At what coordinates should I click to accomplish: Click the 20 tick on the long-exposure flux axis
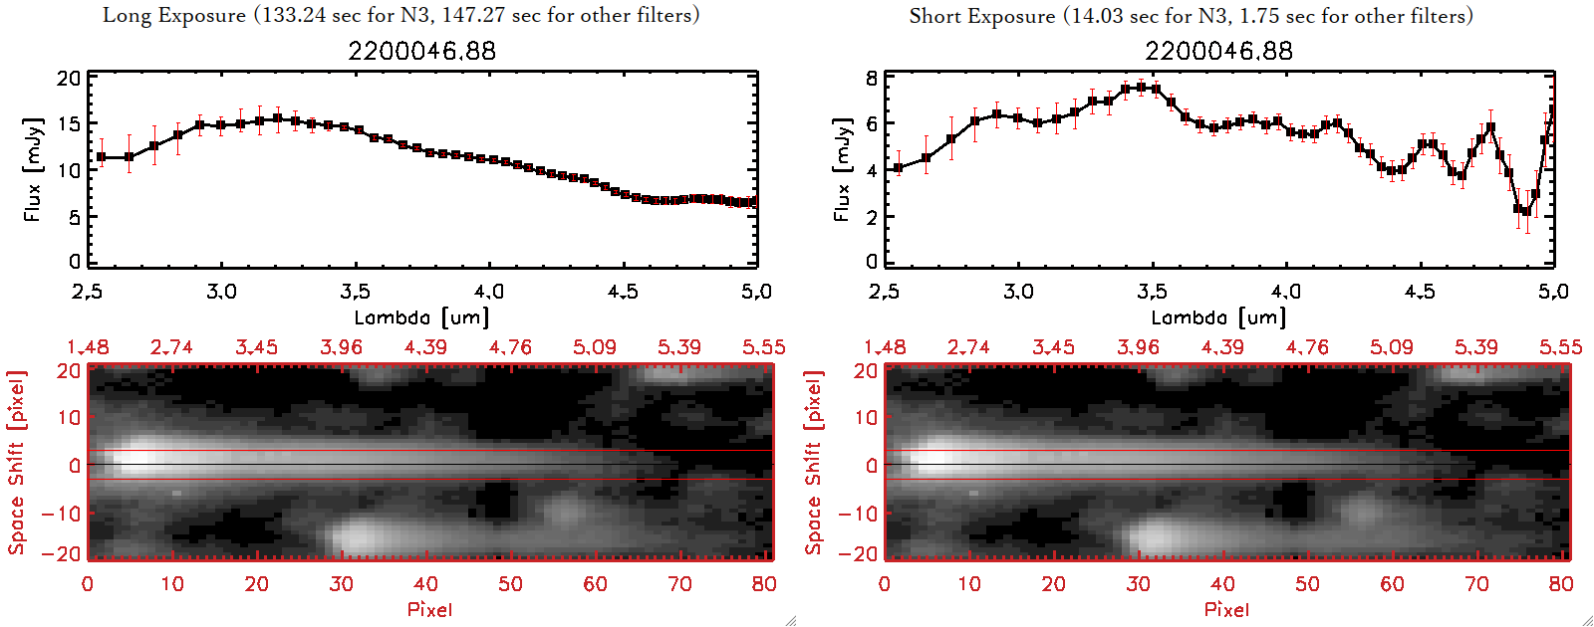point(69,79)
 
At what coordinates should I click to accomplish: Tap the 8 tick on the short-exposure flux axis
point(872,79)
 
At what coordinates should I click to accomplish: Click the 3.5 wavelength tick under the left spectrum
point(356,292)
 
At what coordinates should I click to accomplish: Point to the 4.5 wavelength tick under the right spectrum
point(1420,292)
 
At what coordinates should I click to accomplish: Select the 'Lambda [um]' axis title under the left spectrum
point(421,317)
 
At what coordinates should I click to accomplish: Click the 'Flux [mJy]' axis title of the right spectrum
point(843,170)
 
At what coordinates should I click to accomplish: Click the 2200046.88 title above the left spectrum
point(421,51)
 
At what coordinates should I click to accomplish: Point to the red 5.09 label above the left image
point(595,347)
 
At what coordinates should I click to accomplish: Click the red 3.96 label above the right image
point(1138,347)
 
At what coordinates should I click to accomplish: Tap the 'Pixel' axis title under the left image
point(429,609)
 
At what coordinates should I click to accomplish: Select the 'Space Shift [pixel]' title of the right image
point(814,463)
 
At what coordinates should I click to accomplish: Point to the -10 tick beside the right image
point(858,513)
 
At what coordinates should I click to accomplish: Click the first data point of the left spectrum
point(102,157)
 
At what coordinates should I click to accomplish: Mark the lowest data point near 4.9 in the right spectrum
point(1526,212)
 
